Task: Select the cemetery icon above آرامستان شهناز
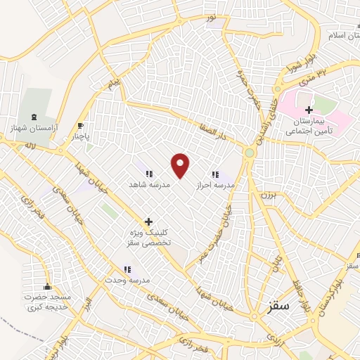[x=34, y=116]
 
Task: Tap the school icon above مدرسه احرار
[x=215, y=174]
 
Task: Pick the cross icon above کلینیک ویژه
[x=148, y=221]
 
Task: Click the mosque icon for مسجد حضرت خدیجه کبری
[x=47, y=286]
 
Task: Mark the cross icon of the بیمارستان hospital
[x=309, y=110]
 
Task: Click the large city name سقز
[x=279, y=307]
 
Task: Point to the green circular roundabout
[x=249, y=153]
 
